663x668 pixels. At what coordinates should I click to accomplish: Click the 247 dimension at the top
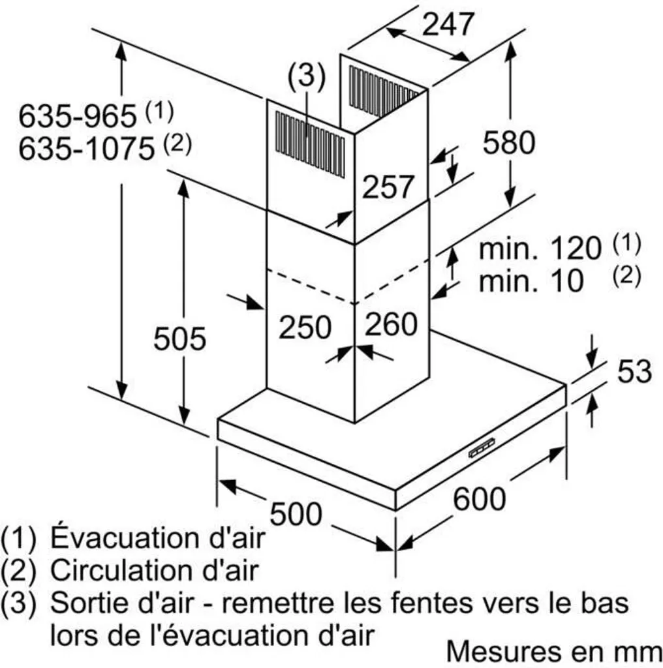(x=448, y=24)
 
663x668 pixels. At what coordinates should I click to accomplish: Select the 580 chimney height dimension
(x=509, y=142)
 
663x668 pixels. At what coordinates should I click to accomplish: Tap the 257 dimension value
(x=388, y=187)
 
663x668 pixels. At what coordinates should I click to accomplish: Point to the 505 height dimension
(x=179, y=339)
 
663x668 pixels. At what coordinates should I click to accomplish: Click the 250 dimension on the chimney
(x=305, y=327)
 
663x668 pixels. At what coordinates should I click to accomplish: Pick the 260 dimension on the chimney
(x=391, y=324)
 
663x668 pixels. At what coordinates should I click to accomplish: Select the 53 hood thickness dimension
(x=634, y=371)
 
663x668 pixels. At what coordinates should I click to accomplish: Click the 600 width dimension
(x=480, y=499)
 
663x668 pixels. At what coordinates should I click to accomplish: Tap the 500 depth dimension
(x=296, y=513)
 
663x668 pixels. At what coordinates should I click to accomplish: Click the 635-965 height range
(x=78, y=116)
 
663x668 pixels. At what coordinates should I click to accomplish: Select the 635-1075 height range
(x=87, y=149)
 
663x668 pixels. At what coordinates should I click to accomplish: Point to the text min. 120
(x=540, y=248)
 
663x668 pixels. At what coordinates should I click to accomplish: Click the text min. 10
(x=531, y=281)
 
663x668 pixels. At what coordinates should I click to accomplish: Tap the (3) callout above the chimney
(x=306, y=76)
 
